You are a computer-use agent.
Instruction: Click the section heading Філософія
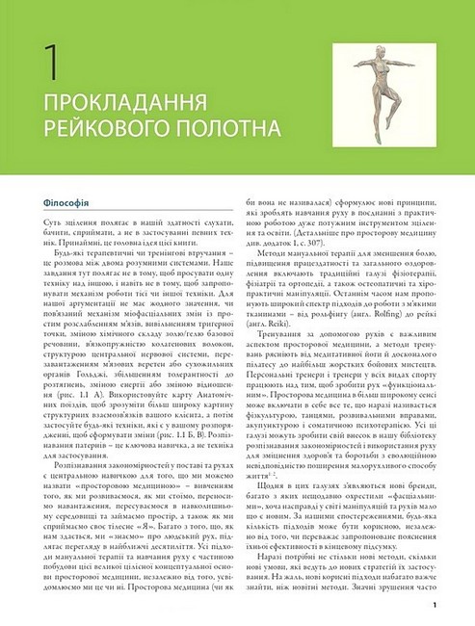(x=54, y=203)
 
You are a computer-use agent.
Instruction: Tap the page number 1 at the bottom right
(x=435, y=605)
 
